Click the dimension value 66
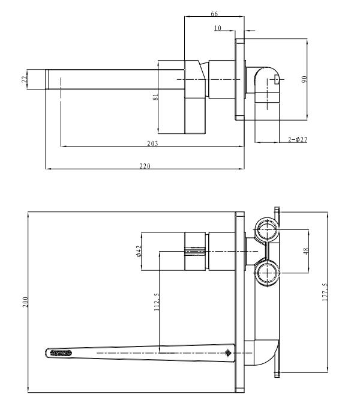click(x=214, y=13)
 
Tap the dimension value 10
click(x=218, y=28)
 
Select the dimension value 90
click(x=304, y=79)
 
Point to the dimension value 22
click(x=24, y=79)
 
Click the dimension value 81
click(x=155, y=97)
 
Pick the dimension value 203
click(x=152, y=143)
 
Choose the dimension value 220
click(x=145, y=166)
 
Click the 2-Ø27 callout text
click(x=298, y=139)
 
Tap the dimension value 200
click(x=25, y=301)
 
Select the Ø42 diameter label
click(x=139, y=251)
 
